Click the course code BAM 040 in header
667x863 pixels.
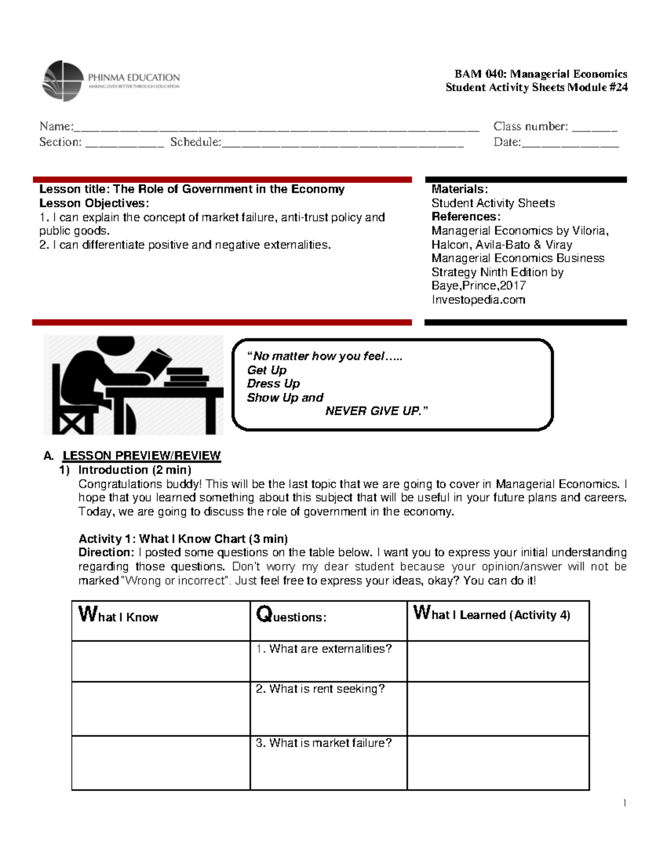480,74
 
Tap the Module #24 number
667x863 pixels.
616,87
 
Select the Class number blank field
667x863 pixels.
594,128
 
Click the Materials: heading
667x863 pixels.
460,189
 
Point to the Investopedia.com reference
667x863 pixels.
478,300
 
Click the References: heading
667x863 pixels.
466,217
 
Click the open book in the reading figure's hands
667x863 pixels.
155,362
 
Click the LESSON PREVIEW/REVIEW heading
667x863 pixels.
141,456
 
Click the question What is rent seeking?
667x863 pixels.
320,689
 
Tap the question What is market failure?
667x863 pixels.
323,743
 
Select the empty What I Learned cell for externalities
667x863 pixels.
497,661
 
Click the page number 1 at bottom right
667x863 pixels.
625,803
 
